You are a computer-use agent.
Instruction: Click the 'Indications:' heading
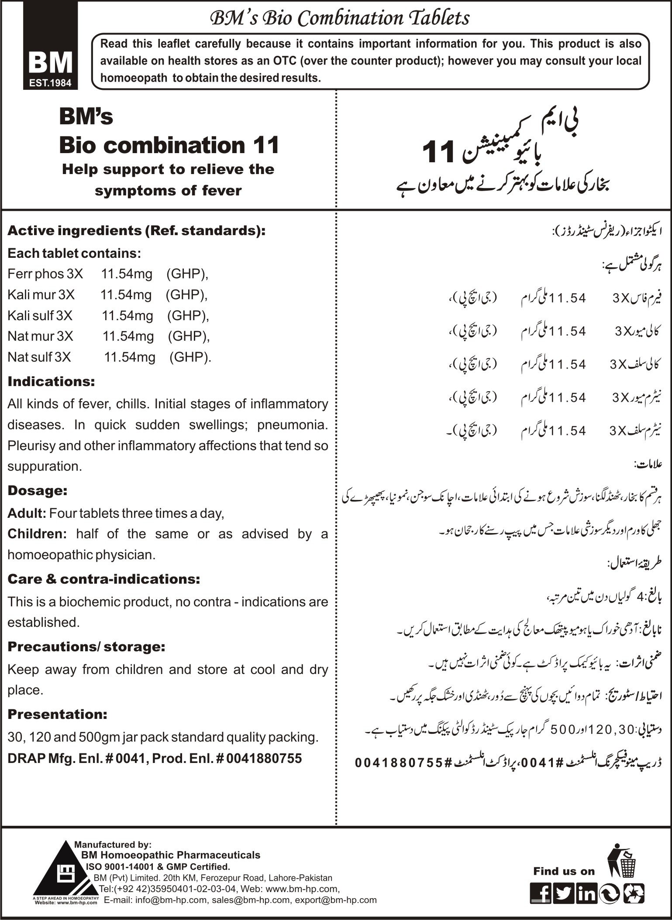51,381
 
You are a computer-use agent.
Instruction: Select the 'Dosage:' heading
38,490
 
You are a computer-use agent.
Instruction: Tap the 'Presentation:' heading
57,714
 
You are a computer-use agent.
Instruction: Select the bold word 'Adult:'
27,513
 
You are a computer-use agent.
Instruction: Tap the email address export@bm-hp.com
336,900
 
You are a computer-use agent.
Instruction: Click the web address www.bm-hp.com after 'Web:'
301,889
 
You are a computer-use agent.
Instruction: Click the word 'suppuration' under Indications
44,466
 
